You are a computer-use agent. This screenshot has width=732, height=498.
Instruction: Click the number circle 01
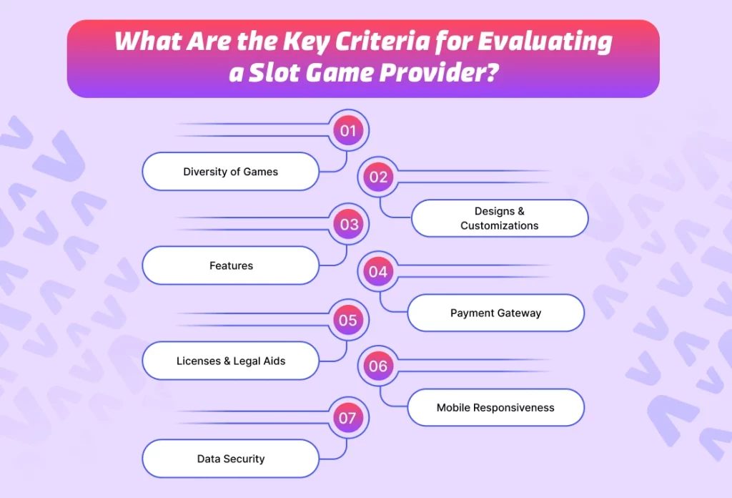[348, 130]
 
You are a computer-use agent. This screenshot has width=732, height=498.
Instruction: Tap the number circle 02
[378, 177]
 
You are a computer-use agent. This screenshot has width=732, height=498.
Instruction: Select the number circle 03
[349, 225]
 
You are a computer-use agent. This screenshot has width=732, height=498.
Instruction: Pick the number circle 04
[378, 272]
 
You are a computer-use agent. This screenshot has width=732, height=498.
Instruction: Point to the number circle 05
[348, 320]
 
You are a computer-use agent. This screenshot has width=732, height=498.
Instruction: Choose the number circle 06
[378, 367]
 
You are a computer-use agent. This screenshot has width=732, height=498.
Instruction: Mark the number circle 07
[347, 417]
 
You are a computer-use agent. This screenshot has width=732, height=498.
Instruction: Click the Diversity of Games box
[230, 172]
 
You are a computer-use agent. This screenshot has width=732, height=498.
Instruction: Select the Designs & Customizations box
[499, 218]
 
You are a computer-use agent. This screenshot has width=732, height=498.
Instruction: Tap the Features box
[230, 265]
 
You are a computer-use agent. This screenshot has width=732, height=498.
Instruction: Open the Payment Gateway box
[495, 313]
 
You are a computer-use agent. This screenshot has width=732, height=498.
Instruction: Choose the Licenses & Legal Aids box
[230, 361]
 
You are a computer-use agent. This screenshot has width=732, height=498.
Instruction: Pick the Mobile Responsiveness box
[495, 408]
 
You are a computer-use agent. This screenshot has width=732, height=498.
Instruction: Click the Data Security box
[230, 459]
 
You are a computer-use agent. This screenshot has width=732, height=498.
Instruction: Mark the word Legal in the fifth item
[247, 361]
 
